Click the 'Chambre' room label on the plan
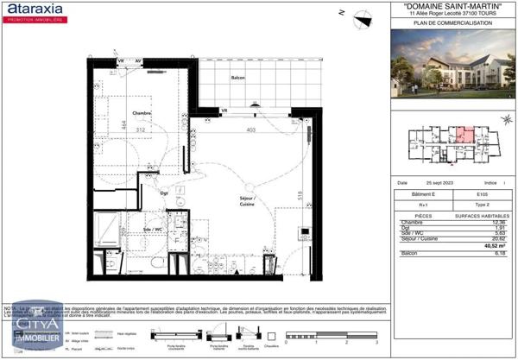click(142, 113)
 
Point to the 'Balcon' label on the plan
click(237, 78)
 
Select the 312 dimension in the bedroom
click(141, 129)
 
